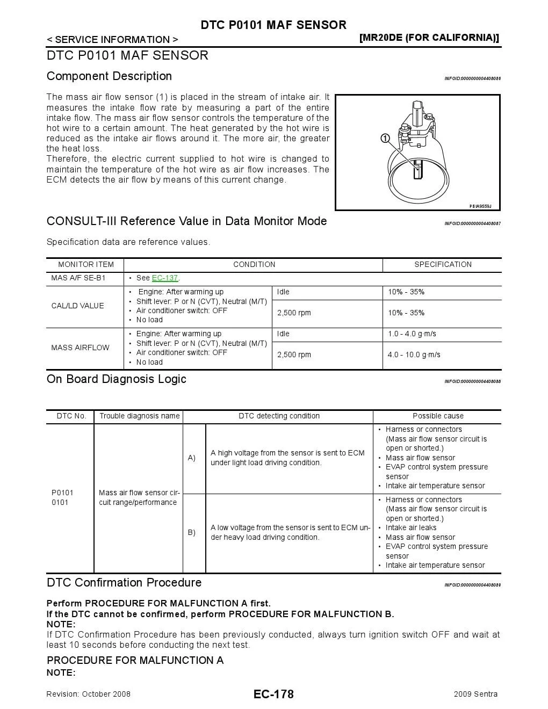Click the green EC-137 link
tap(164, 278)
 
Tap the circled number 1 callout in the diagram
tap(385, 138)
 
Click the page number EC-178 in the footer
tap(273, 694)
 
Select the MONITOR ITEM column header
tap(86, 265)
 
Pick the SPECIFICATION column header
tap(443, 265)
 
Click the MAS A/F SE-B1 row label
tap(78, 278)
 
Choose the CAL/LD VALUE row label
tap(77, 306)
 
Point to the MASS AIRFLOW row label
tap(80, 348)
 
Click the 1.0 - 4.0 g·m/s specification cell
tap(412, 334)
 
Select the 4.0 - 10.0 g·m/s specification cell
tap(414, 354)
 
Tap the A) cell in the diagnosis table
tap(192, 458)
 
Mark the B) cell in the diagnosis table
tap(192, 533)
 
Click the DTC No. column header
tap(71, 416)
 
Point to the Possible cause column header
tap(438, 416)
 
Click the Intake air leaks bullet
tap(411, 528)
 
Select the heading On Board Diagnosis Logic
tap(117, 379)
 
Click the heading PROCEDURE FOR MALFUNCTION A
tap(135, 660)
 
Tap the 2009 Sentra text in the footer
tap(475, 694)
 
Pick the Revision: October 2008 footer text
tap(89, 694)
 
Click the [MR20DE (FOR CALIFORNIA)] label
tap(429, 38)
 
